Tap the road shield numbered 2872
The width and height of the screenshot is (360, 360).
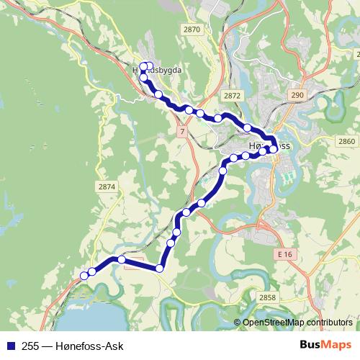coord(232,95)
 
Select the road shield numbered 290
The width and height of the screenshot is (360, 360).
coord(297,95)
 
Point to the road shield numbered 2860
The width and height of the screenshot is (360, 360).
coord(346,140)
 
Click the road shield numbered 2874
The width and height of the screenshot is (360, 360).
coord(107,186)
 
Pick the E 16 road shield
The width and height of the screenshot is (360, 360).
coord(284,255)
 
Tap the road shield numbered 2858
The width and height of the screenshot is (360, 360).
coord(266,297)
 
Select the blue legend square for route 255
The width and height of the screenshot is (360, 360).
coord(11,346)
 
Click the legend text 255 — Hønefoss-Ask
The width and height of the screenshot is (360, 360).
coord(73,346)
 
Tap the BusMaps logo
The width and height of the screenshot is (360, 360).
coord(325,345)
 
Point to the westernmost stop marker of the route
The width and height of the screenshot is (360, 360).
coord(84,275)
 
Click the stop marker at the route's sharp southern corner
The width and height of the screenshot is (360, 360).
coord(160,269)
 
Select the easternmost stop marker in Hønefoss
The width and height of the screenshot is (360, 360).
coord(274,149)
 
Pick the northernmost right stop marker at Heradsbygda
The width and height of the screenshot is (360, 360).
coord(150,66)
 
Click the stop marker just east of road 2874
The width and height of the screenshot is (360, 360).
coord(122,259)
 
